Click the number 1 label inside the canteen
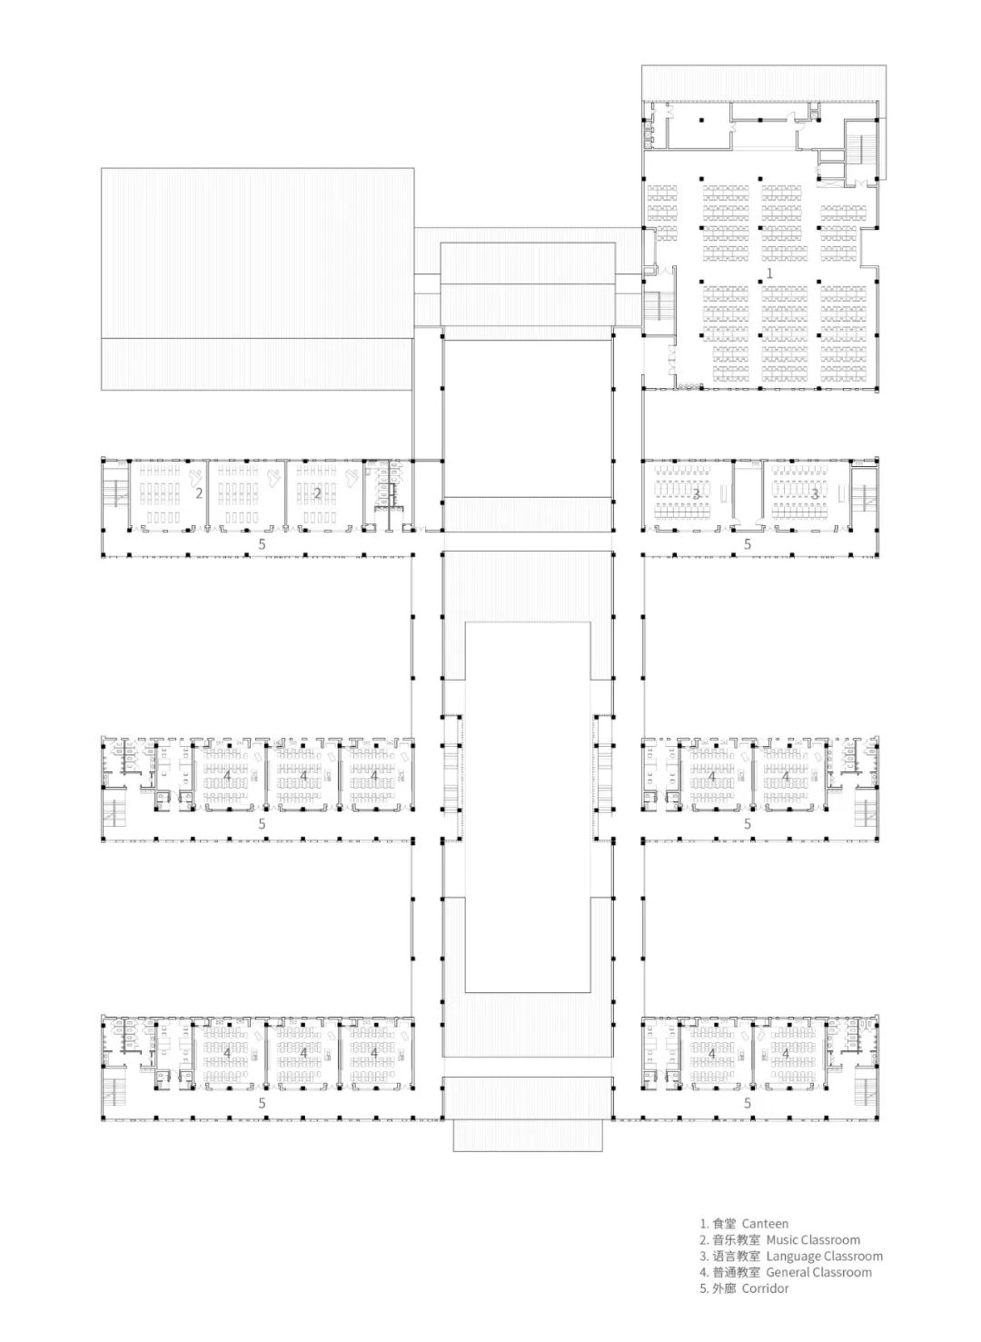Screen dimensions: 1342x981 (770, 273)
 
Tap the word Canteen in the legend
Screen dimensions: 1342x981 (765, 1224)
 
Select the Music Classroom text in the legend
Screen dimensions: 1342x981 (813, 1240)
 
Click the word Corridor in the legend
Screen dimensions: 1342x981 (765, 1288)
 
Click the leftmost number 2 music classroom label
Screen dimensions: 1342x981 (199, 493)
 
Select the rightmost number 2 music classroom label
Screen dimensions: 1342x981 (317, 493)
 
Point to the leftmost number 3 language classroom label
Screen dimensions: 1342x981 (697, 493)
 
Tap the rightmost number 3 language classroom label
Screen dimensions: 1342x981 (815, 493)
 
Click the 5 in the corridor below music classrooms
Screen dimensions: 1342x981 (263, 544)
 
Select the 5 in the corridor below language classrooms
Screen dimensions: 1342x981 (748, 544)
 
